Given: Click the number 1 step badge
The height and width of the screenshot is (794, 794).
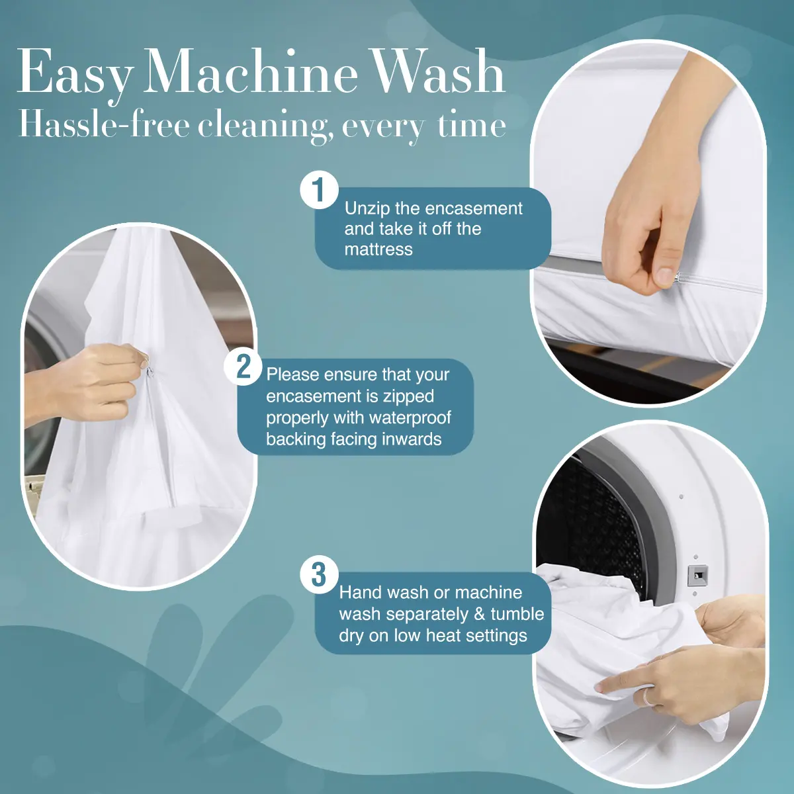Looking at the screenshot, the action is (320, 189).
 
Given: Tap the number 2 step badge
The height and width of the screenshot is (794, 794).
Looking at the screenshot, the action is (243, 367).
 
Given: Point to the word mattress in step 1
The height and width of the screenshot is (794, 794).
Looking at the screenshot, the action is (378, 249).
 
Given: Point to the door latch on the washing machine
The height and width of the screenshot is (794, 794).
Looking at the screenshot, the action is (697, 576).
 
